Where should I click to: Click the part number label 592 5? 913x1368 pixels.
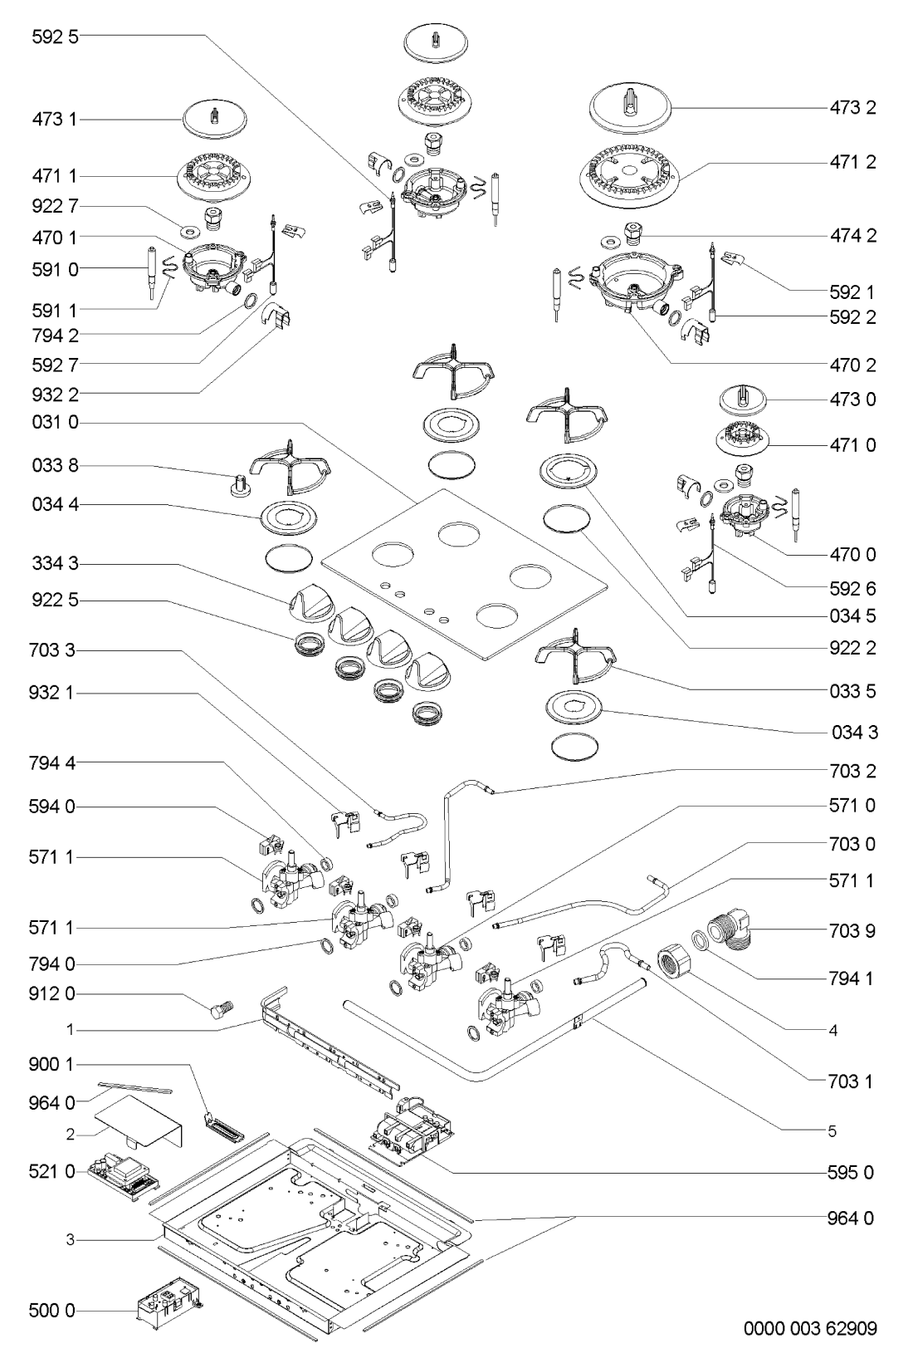[x=55, y=37]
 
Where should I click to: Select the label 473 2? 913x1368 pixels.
[x=852, y=107]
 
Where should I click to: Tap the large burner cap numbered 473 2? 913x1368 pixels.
[x=630, y=109]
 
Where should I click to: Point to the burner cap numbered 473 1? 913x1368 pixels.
[x=215, y=119]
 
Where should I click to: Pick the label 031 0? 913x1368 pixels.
[x=55, y=423]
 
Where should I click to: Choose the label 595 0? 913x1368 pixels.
[x=852, y=1173]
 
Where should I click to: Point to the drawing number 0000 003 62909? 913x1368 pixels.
[x=809, y=1329]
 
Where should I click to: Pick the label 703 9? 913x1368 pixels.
[x=852, y=931]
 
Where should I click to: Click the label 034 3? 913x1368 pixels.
[x=853, y=733]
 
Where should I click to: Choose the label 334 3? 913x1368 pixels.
[x=55, y=565]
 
